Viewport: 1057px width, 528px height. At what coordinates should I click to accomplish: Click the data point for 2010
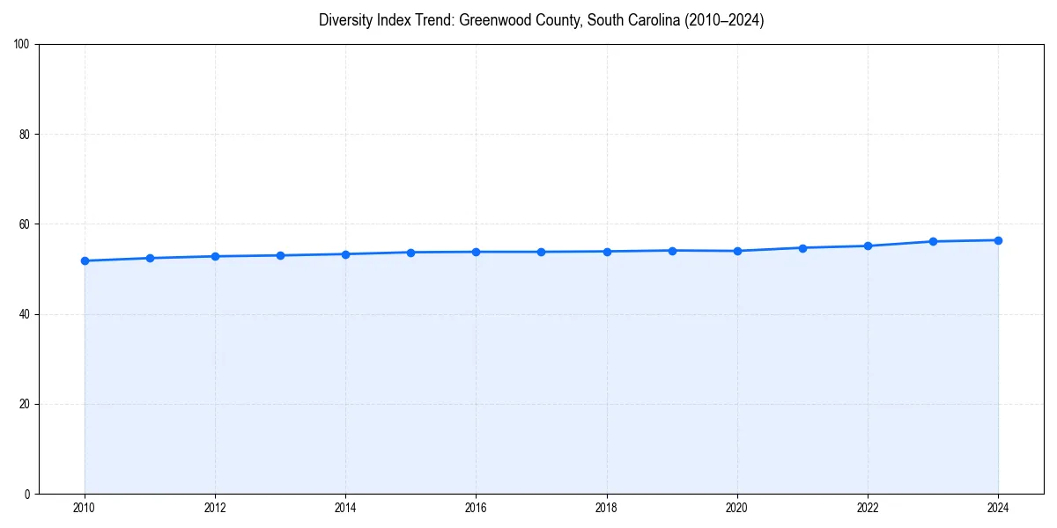pos(85,260)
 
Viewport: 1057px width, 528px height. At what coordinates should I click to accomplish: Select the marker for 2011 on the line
pos(150,258)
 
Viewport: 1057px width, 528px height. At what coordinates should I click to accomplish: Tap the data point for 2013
pos(280,255)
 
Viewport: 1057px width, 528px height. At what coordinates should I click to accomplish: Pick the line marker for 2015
pos(410,253)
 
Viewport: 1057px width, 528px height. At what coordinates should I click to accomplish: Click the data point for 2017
pos(541,252)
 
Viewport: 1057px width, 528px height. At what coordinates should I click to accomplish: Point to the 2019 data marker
pos(672,251)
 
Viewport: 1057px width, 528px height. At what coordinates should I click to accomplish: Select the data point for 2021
pos(802,248)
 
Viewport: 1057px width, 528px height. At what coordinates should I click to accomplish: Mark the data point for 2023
pos(933,241)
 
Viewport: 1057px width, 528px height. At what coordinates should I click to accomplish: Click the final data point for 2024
pos(998,240)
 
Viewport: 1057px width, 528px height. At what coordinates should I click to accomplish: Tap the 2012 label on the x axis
pos(215,508)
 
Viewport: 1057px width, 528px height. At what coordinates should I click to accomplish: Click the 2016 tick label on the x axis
pos(476,508)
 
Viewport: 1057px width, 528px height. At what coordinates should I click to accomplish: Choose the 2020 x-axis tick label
pos(737,508)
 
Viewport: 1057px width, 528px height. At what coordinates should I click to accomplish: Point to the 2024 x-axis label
pos(998,508)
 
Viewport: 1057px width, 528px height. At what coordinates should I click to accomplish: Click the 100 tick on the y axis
pos(22,45)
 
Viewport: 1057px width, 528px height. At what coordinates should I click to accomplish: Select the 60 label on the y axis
pos(25,224)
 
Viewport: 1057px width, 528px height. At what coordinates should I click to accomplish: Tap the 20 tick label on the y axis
pos(25,404)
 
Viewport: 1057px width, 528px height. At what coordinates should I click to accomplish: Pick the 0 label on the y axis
pos(27,494)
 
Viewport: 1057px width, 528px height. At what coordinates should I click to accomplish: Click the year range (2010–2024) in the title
pos(721,20)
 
